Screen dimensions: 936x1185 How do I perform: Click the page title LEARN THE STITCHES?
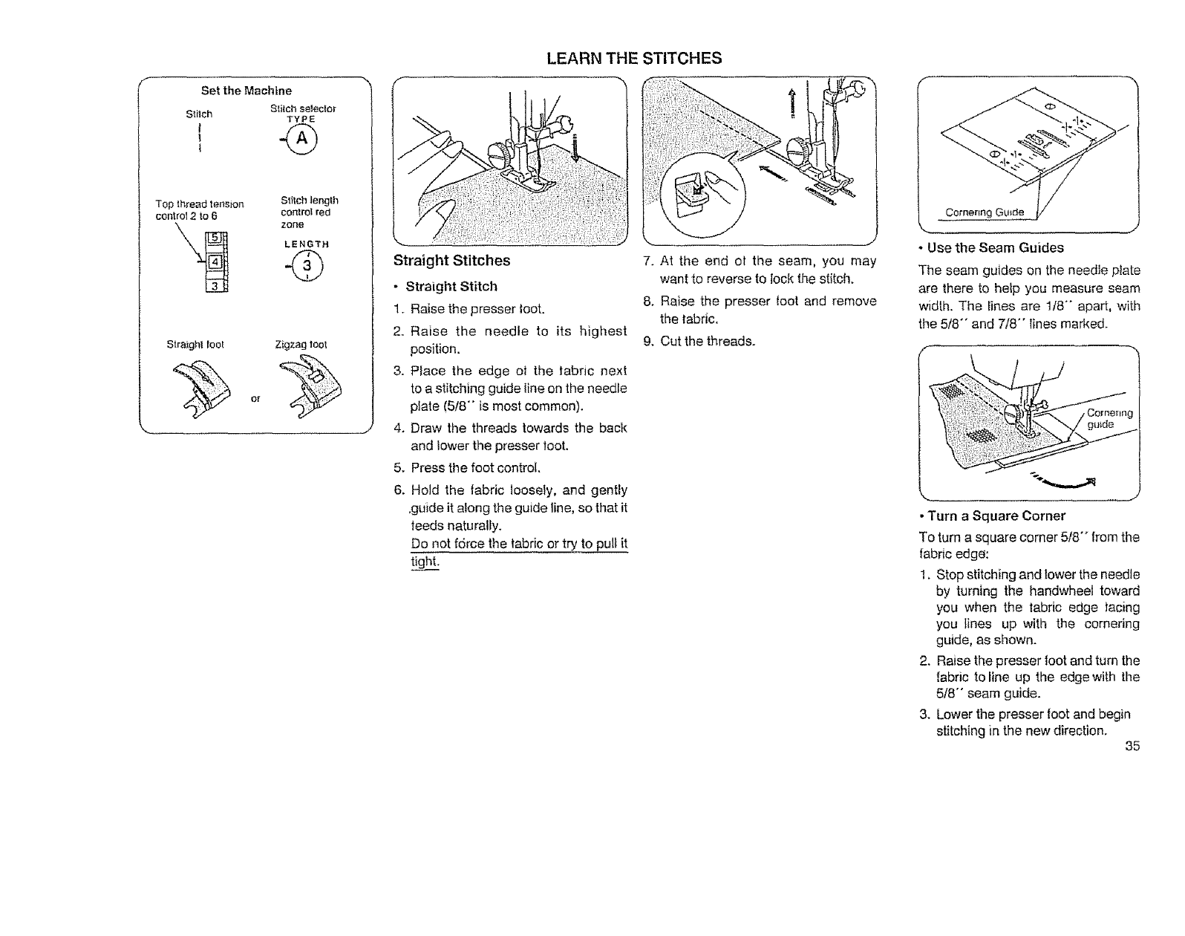click(633, 58)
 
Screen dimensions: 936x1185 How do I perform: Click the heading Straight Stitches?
click(451, 261)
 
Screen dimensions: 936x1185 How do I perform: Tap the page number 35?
click(1132, 747)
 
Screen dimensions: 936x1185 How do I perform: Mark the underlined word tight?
click(425, 562)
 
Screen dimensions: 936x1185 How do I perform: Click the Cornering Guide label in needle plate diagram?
click(984, 213)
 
